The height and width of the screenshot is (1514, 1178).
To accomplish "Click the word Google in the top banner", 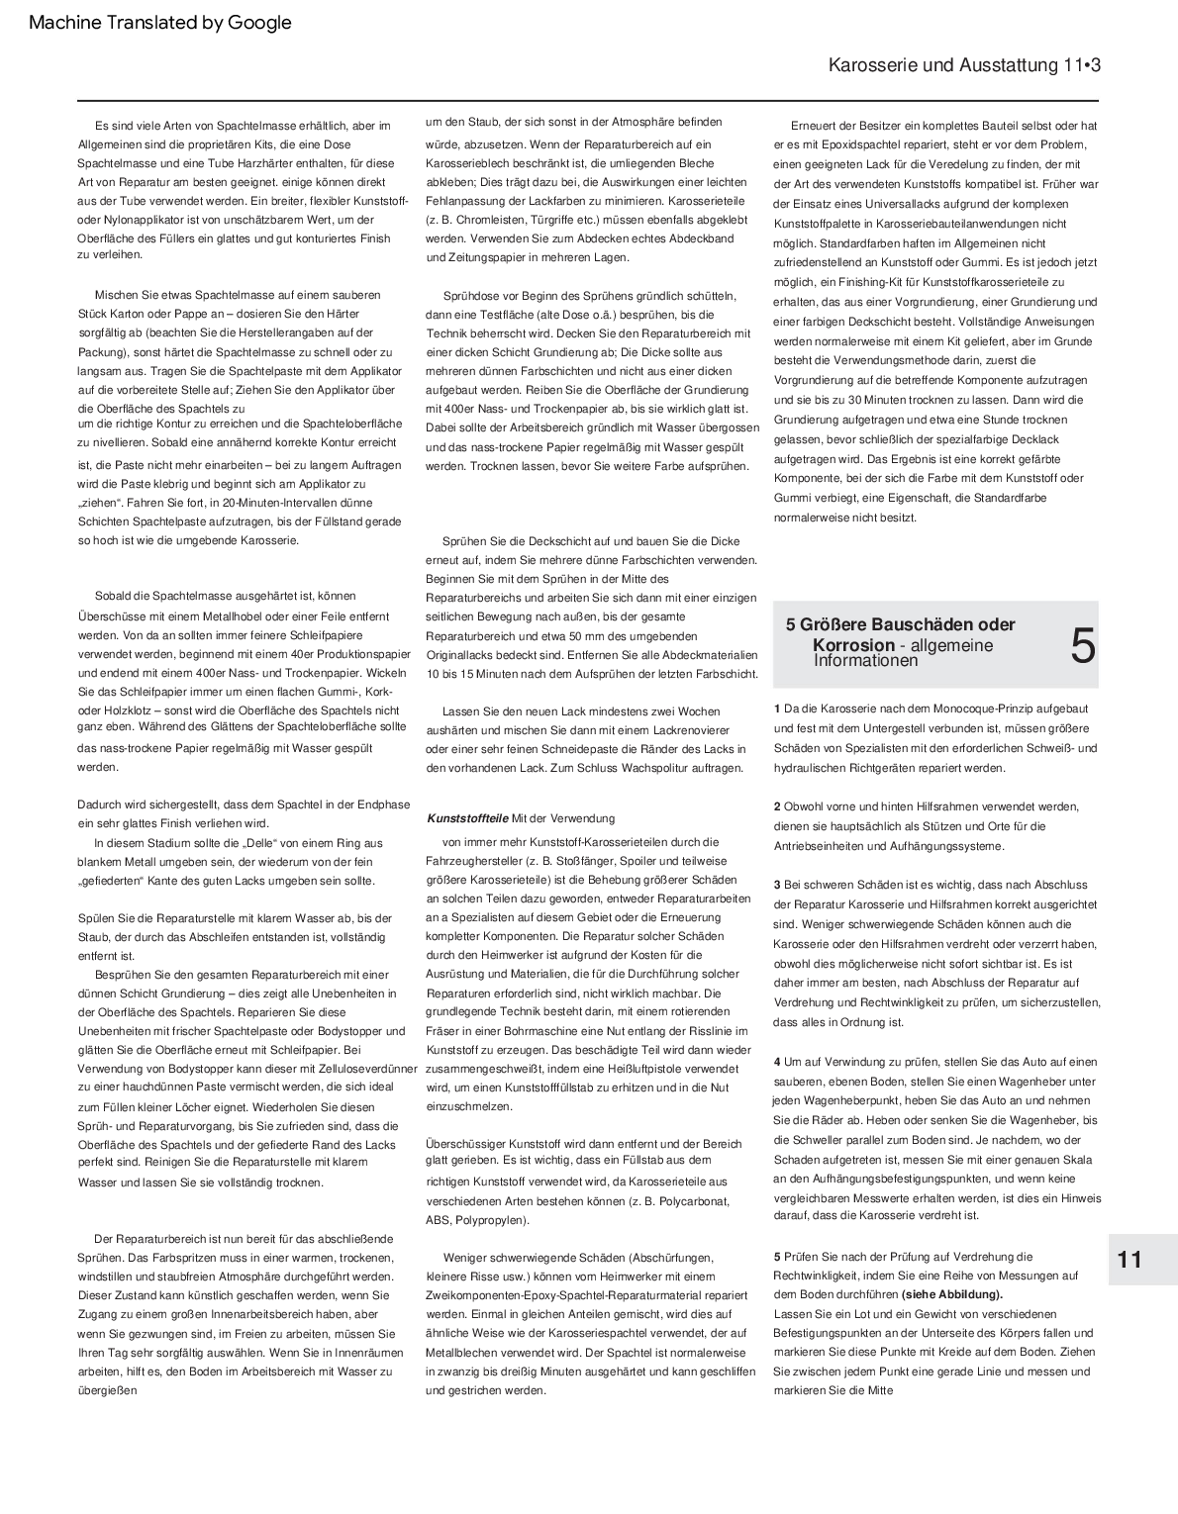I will [259, 23].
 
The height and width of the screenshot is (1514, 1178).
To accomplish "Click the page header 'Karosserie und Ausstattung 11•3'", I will [964, 65].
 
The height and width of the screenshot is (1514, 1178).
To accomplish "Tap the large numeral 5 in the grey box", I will [1083, 646].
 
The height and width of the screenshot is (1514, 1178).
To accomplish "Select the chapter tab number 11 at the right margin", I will [1129, 1260].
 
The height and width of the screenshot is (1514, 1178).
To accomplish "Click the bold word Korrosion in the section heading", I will [853, 645].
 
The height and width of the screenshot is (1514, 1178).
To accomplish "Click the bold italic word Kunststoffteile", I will [467, 818].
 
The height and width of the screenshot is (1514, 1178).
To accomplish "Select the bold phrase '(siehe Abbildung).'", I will [951, 1294].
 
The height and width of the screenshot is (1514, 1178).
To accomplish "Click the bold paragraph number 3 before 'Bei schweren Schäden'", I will [777, 885].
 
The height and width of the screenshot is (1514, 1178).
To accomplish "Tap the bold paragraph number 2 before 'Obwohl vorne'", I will [777, 806].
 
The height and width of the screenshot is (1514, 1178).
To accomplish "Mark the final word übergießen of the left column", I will [107, 1390].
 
